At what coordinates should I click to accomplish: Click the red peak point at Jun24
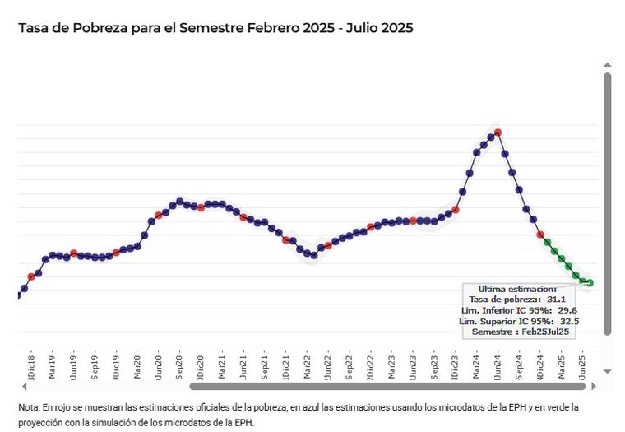pos(498,132)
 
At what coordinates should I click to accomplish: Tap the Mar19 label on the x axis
pos(52,365)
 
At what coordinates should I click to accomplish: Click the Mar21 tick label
pos(222,365)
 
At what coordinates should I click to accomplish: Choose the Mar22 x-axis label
pos(307,365)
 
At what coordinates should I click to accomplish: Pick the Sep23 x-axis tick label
pos(434,365)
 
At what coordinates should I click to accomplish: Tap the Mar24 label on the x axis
pos(477,365)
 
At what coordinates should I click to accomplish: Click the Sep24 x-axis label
pos(520,365)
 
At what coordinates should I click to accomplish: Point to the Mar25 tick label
pos(562,365)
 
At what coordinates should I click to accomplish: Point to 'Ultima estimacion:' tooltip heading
pos(517,289)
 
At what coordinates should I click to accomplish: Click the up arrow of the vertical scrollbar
pos(608,63)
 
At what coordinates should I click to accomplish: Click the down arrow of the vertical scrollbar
pos(608,371)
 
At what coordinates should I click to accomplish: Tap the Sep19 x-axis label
pos(95,365)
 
